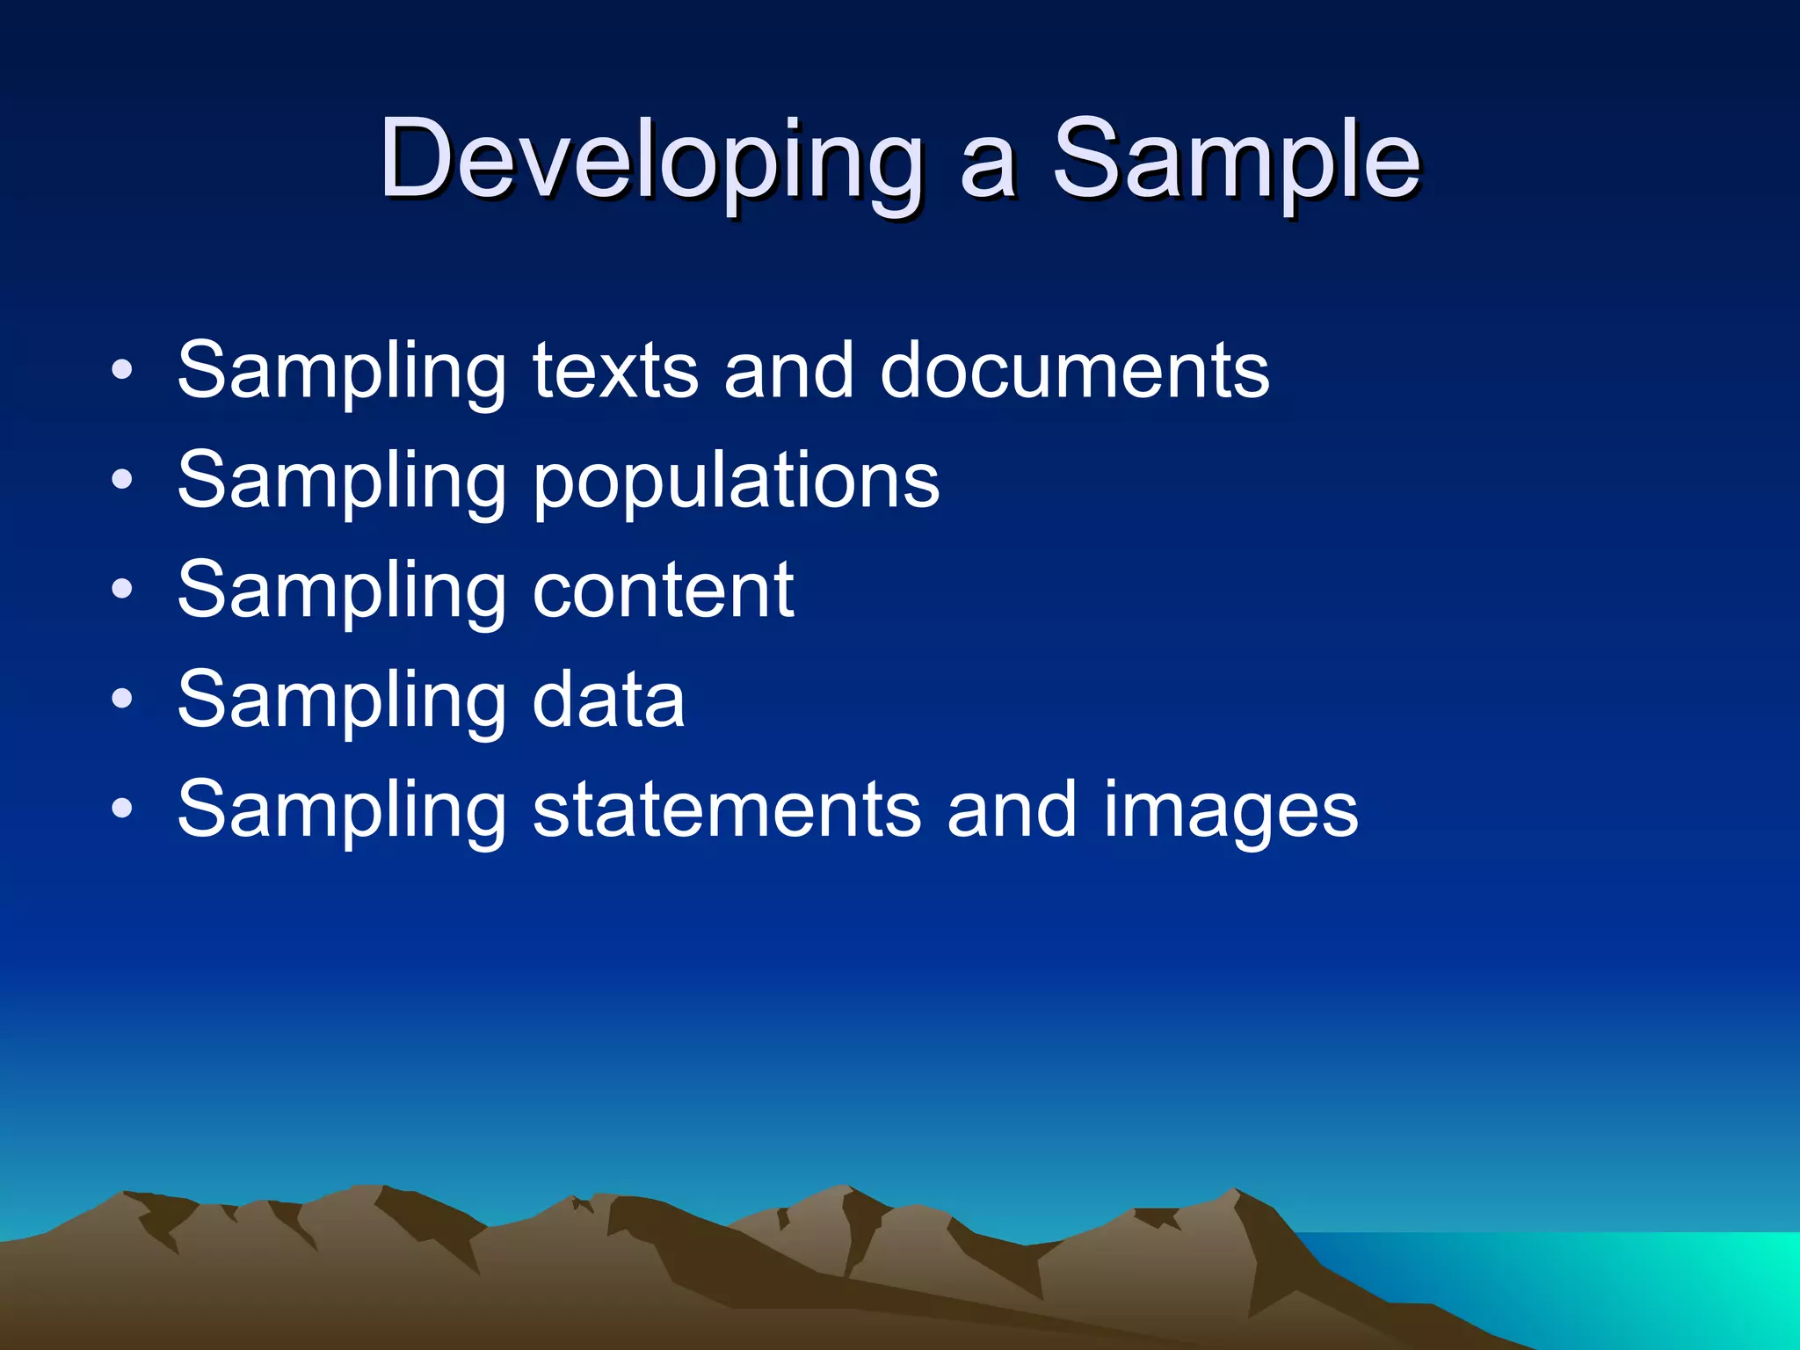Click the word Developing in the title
click(x=650, y=163)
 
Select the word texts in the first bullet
click(x=615, y=371)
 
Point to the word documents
click(x=1074, y=371)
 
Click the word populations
click(x=736, y=482)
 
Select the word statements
click(x=728, y=810)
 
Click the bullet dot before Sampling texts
click(x=122, y=370)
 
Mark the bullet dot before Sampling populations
click(x=122, y=480)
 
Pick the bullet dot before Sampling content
click(x=122, y=590)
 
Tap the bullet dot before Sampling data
click(x=122, y=700)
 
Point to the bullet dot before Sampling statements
click(x=122, y=809)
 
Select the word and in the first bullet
click(x=788, y=371)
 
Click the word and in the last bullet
click(x=1011, y=810)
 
